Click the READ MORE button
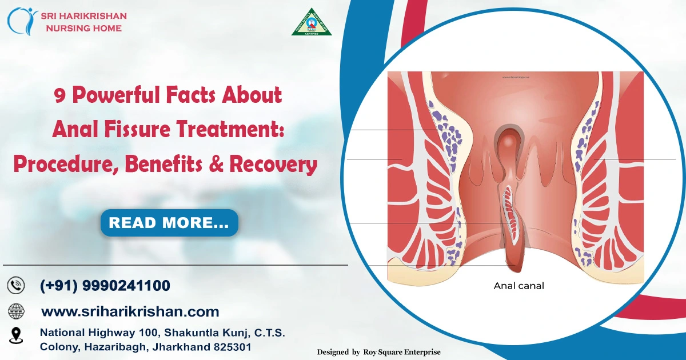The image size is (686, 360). (x=169, y=223)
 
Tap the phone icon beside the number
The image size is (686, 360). (x=16, y=285)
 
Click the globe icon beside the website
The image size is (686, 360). (x=16, y=311)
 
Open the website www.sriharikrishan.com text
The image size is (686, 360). (x=130, y=311)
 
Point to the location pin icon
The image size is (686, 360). (x=16, y=335)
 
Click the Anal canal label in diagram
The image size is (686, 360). (x=519, y=285)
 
